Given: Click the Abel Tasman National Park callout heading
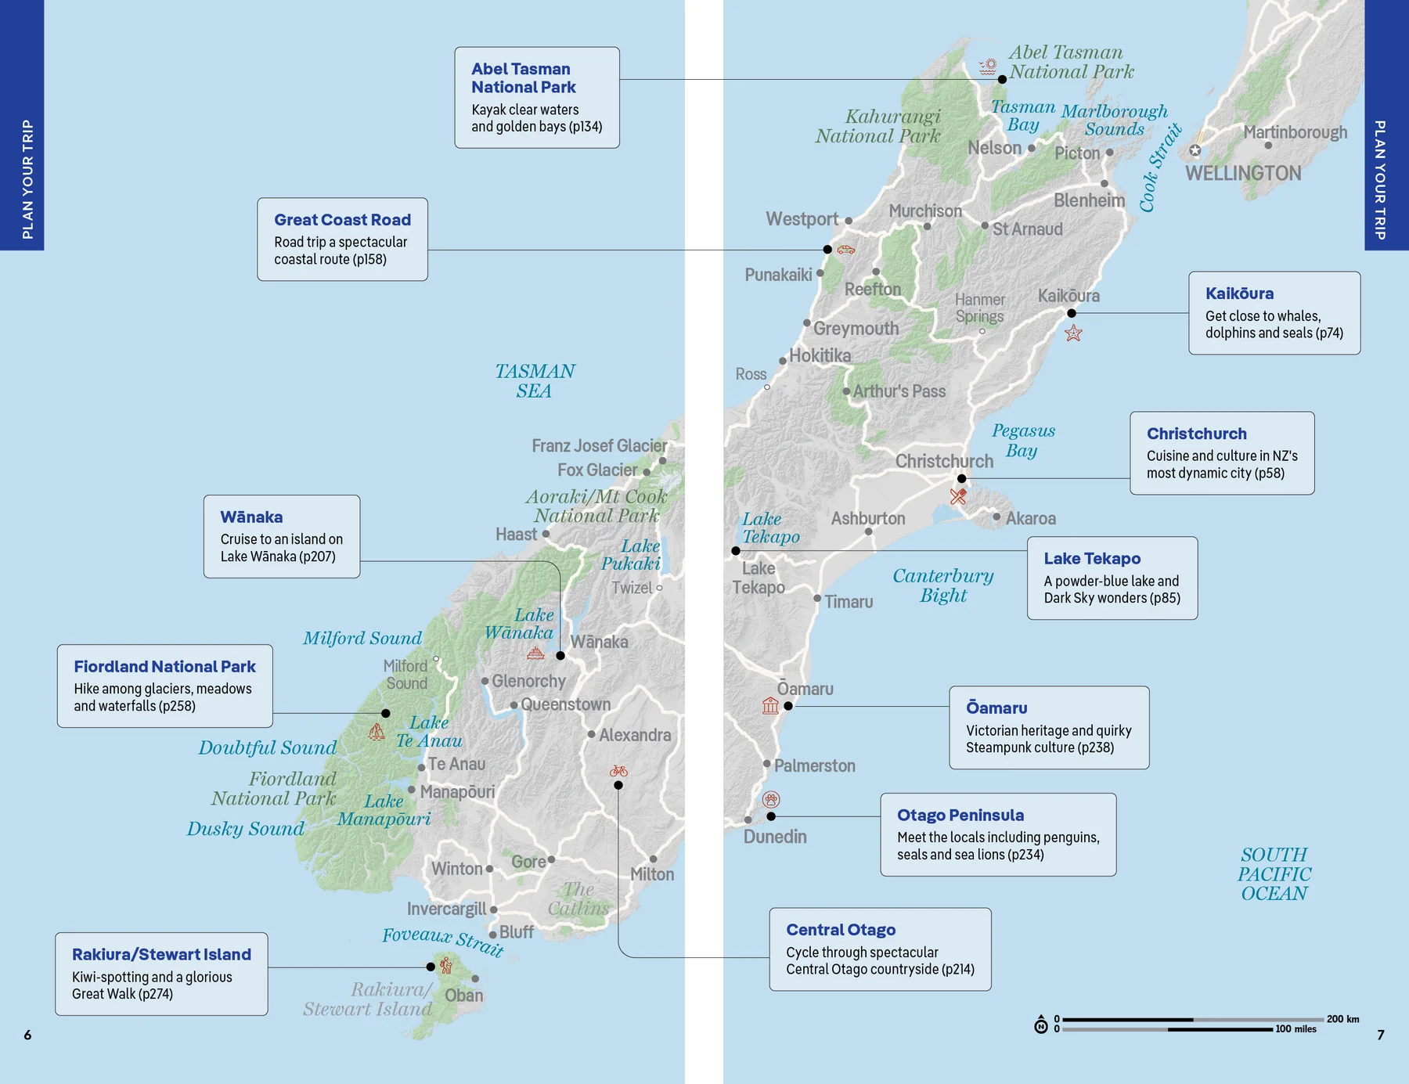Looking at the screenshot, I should coord(523,78).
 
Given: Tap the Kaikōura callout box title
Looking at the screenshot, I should coord(1239,294).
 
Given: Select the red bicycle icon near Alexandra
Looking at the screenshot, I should coord(618,771).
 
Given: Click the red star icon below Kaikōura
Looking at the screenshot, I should coord(1073,333).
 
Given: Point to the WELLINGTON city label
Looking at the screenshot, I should coord(1243,174).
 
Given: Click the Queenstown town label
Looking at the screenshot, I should coord(565,704).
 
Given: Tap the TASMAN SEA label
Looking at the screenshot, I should coord(535,381).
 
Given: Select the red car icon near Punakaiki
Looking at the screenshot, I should coord(846,250).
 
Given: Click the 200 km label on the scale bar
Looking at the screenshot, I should coord(1342,1019).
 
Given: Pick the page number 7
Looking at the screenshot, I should coord(1381,1035).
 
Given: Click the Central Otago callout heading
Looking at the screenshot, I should coord(841,930).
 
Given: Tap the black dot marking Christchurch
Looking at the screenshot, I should coord(962,478).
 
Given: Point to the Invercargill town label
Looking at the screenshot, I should coord(446,909).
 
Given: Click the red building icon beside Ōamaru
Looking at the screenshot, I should coord(770,705).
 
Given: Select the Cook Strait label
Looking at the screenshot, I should coord(1159,167).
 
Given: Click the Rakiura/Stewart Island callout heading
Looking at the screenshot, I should coord(161,954).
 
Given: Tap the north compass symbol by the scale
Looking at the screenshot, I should coord(1041,1026).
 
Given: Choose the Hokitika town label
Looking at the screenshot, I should coord(820,356).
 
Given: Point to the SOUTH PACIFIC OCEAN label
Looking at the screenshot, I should coord(1274,874).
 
